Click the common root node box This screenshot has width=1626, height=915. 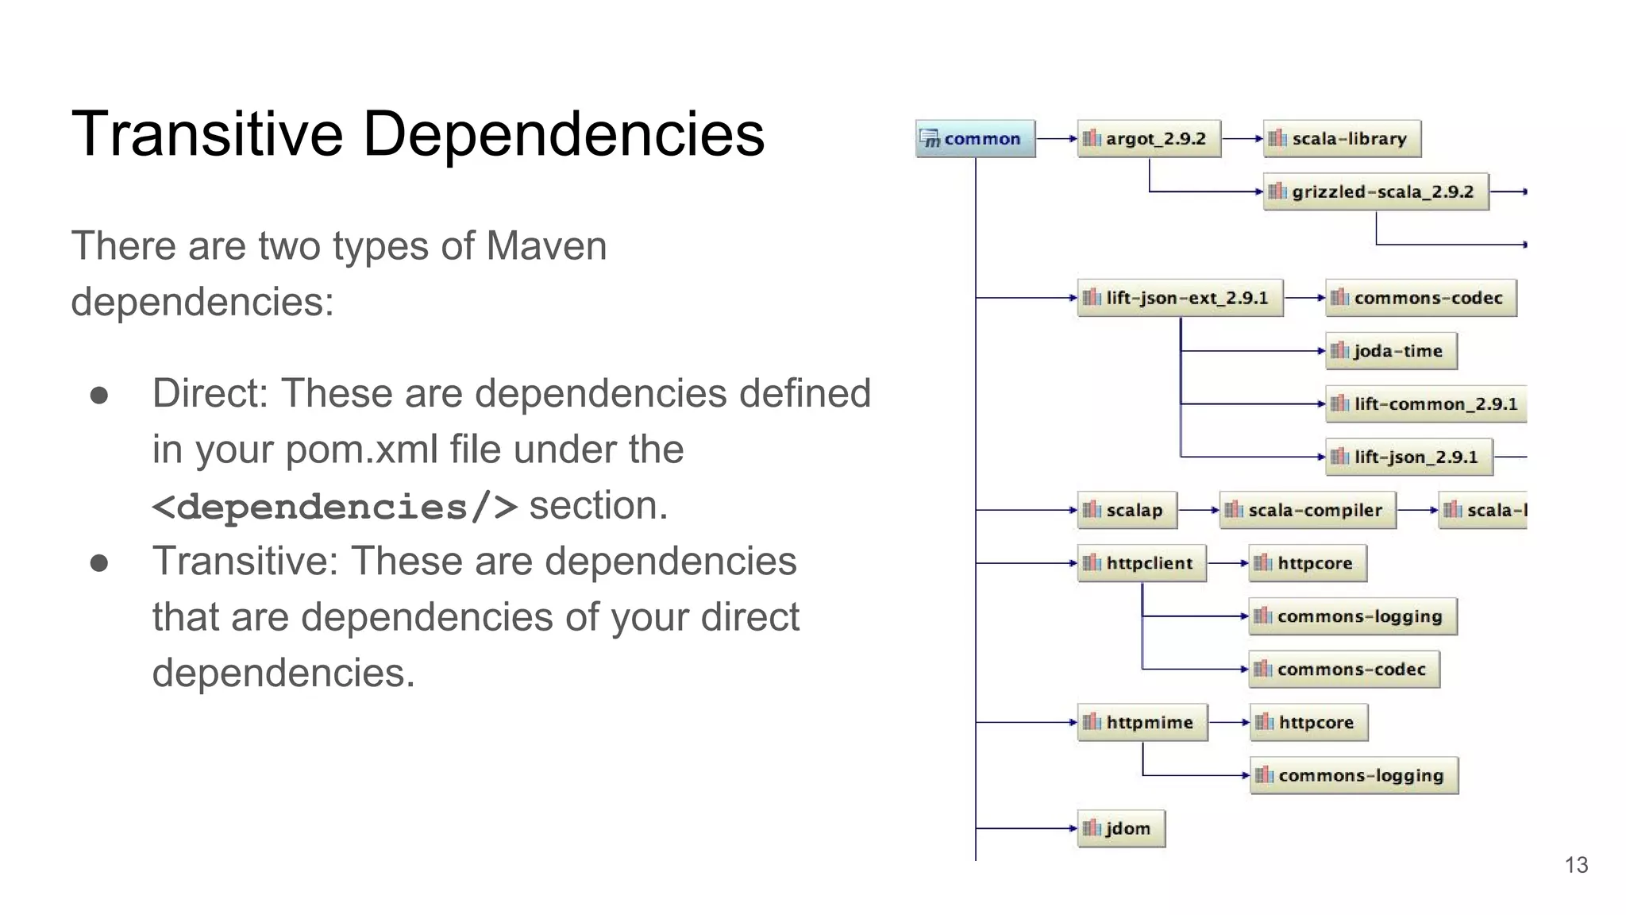point(975,139)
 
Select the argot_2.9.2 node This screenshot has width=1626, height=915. point(1149,139)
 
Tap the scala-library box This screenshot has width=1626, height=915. point(1342,139)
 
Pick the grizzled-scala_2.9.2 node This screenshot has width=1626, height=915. point(1376,191)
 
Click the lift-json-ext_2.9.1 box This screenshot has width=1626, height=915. point(1180,298)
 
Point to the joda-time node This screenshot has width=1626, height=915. point(1391,351)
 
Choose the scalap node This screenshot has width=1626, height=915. point(1127,510)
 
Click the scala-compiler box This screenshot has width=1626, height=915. point(1308,510)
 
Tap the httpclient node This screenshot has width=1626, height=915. point(1142,563)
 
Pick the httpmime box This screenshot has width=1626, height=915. point(1142,722)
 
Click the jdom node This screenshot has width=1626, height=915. point(1121,828)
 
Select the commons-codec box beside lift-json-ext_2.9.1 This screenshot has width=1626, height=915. point(1421,298)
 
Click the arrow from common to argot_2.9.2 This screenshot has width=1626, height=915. point(1057,139)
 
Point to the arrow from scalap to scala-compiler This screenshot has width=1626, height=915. point(1198,510)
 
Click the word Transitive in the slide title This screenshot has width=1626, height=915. point(207,133)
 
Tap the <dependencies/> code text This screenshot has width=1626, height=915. point(334,507)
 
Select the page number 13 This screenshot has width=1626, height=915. point(1576,865)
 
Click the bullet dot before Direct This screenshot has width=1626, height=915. point(99,396)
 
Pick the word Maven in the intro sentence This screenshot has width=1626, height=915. point(546,246)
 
